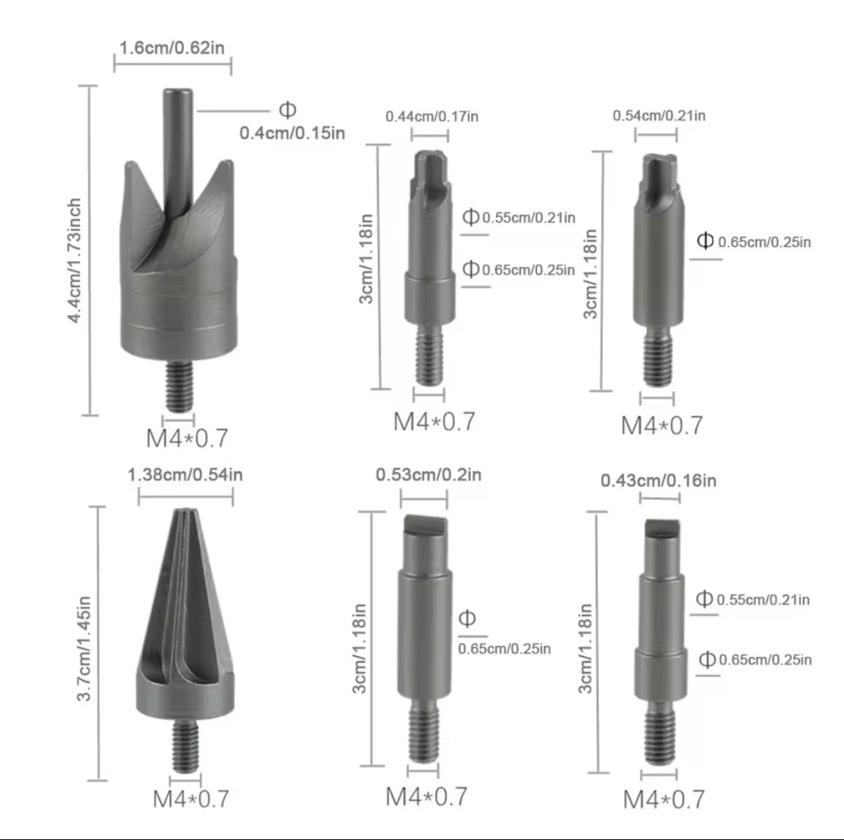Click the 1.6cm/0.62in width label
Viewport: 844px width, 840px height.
click(x=172, y=48)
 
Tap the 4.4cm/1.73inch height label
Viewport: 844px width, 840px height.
click(x=74, y=260)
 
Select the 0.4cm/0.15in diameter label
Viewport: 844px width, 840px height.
click(x=293, y=133)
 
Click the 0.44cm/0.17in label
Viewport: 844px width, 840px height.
click(x=431, y=116)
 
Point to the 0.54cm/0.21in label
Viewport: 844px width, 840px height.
click(x=659, y=116)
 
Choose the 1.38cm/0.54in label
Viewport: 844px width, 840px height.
click(x=185, y=475)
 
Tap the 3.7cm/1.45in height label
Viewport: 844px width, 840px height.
click(x=84, y=649)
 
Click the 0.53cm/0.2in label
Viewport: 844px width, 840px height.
click(x=428, y=475)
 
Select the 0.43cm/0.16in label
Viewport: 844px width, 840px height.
click(x=658, y=480)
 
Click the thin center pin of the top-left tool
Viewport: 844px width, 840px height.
click(x=178, y=151)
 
